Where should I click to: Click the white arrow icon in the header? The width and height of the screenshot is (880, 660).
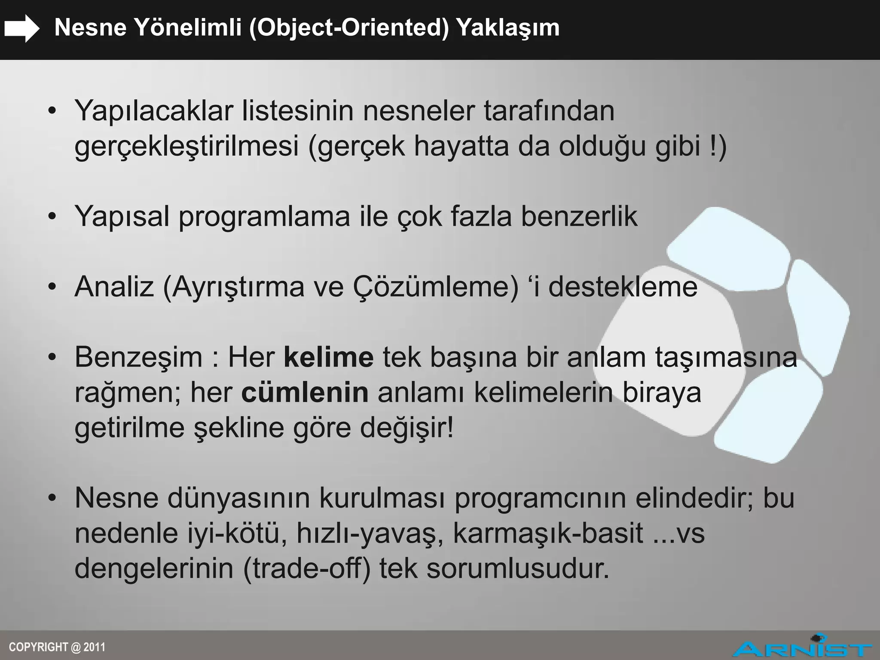pos(21,28)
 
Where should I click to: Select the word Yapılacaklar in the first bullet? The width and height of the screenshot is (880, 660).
pos(153,111)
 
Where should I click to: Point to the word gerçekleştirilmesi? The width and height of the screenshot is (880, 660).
pos(186,146)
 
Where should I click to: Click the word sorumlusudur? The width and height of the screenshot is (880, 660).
pos(518,568)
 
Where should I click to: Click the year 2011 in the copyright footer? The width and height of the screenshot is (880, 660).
pos(95,647)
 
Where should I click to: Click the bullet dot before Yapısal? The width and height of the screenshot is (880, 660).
pos(52,217)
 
